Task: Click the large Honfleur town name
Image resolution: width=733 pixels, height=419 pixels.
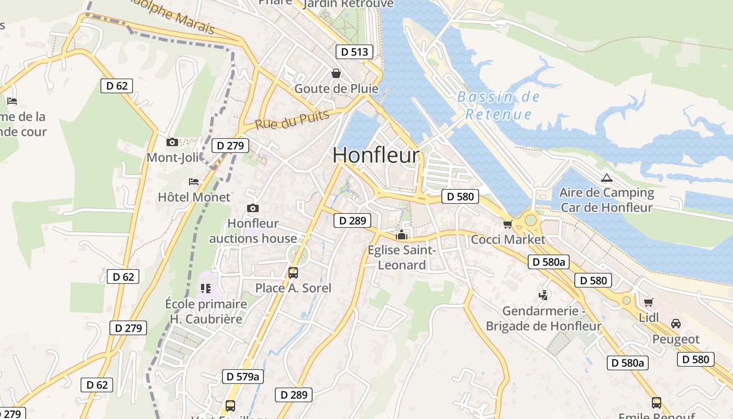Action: pos(376,155)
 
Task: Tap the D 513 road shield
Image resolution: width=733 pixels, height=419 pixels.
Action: pos(354,51)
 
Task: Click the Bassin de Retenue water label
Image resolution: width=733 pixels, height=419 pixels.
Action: pos(498,105)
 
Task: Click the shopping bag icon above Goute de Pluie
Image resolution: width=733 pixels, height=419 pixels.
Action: pos(336,73)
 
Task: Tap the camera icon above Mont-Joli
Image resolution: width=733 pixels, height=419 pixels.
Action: pos(172,142)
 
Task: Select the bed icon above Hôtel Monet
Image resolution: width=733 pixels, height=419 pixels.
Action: pos(194,182)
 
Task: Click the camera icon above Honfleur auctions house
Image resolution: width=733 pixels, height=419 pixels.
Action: pos(253,208)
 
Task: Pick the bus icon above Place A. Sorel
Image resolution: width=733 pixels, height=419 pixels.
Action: pos(293,272)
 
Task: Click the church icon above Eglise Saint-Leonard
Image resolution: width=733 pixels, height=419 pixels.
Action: pos(402,235)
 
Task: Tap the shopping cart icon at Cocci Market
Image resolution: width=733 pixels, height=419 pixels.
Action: pos(507,224)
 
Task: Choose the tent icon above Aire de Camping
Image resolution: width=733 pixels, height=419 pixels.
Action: pos(606,178)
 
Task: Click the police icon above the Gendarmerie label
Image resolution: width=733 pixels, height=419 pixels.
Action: pos(543,295)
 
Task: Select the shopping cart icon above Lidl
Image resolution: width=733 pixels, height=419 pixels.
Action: pos(648,302)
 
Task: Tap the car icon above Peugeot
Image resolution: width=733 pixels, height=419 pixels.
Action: pos(676,323)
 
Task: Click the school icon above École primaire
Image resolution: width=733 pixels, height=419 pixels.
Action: pos(205,288)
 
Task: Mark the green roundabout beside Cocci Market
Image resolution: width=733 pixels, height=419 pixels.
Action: pos(531,220)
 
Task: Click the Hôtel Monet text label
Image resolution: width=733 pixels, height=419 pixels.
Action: pos(194,197)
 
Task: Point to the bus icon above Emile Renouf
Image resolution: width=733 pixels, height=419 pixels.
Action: pos(657,402)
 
